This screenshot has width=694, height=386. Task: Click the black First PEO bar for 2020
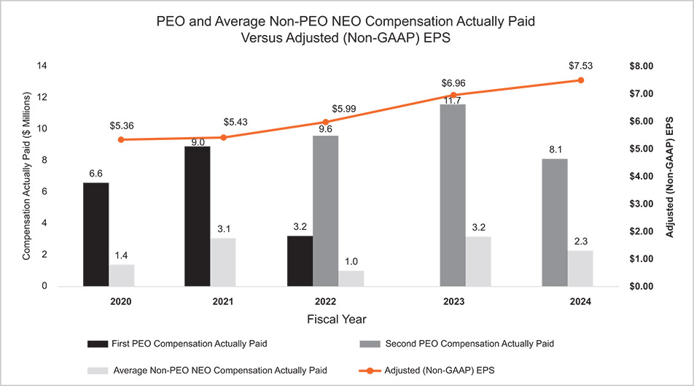pyautogui.click(x=96, y=234)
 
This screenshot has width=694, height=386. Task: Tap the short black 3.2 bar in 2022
pyautogui.click(x=300, y=260)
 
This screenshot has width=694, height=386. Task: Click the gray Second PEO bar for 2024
pyautogui.click(x=555, y=222)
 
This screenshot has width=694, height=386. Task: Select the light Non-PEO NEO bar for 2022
pyautogui.click(x=351, y=278)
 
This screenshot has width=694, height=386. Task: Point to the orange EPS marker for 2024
pyautogui.click(x=581, y=80)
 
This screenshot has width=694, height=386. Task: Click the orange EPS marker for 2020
pyautogui.click(x=120, y=139)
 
